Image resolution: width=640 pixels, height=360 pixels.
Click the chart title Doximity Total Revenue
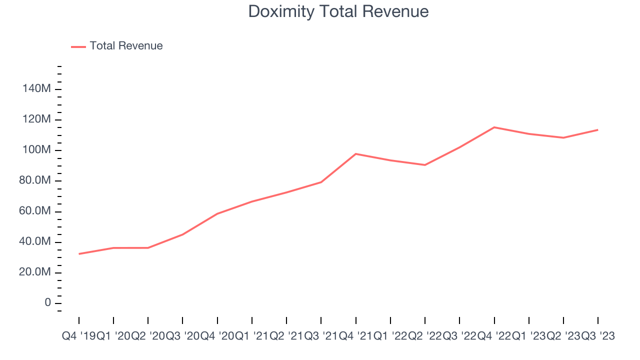pos(338,11)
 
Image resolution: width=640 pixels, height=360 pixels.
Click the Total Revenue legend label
pos(126,46)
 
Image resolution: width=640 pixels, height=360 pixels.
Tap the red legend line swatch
pos(78,46)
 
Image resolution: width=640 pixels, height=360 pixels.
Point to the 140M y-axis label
pos(36,89)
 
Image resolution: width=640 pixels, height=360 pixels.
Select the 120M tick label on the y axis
pos(36,119)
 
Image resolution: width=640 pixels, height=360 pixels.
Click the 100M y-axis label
pos(36,150)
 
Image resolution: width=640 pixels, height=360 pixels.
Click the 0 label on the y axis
pos(47,303)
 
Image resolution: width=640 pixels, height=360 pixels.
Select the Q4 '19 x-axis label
pos(78,336)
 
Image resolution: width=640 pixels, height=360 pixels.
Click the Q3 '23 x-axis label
pos(598,336)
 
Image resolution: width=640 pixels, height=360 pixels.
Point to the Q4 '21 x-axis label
pos(355,336)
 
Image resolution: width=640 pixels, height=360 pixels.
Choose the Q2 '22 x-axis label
pos(425,336)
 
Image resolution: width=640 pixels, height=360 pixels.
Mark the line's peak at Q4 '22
pos(494,127)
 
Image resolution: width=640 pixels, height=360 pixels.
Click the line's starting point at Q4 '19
pos(79,254)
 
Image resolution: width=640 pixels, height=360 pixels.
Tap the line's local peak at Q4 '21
pos(355,154)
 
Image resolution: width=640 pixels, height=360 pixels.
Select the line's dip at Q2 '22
pos(425,165)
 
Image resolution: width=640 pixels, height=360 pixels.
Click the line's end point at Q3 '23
pos(598,130)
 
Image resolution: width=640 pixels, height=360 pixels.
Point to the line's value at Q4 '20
pos(217,214)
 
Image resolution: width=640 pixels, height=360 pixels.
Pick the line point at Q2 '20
pos(148,248)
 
